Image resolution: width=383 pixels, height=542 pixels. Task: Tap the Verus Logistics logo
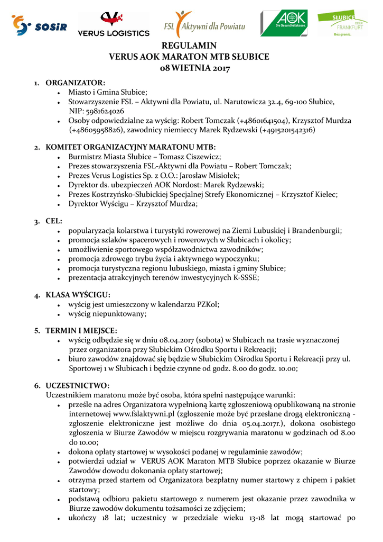pyautogui.click(x=113, y=24)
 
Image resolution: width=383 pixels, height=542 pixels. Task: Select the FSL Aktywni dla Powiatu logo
pyautogui.click(x=204, y=23)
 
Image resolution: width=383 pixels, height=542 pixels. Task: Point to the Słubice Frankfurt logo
pyautogui.click(x=342, y=23)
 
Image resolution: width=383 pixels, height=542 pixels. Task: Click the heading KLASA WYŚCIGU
pyautogui.click(x=78, y=295)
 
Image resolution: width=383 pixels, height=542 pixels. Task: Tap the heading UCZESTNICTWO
pyautogui.click(x=77, y=385)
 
